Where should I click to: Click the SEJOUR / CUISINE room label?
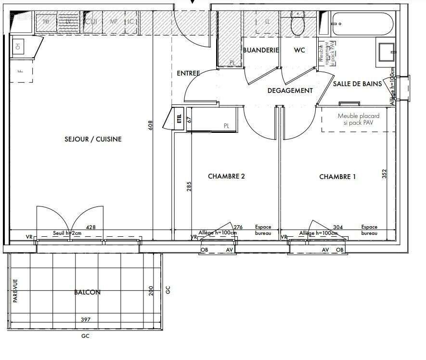[x=93, y=139]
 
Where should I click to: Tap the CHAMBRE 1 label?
[x=337, y=177]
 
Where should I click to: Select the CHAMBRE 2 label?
[x=226, y=176]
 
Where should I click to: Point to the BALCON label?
[x=88, y=292]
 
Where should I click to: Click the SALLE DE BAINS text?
[x=357, y=84]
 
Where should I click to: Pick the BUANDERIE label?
[x=261, y=50]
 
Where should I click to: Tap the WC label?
[x=299, y=50]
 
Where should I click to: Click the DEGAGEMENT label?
[x=290, y=90]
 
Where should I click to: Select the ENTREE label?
[x=188, y=74]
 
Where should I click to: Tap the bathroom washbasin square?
[x=387, y=51]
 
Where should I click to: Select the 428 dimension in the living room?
[x=90, y=227]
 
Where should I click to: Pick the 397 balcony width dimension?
[x=86, y=319]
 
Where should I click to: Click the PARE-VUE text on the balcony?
[x=15, y=291]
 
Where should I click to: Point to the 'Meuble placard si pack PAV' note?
[x=358, y=119]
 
